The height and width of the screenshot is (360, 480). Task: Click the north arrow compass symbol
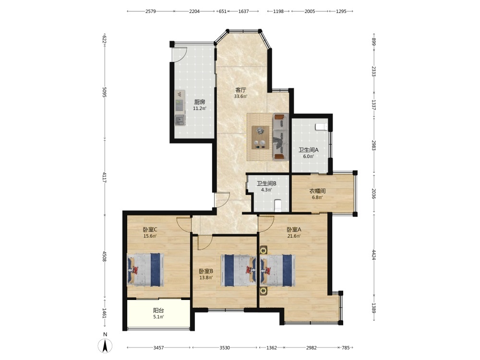point(105,346)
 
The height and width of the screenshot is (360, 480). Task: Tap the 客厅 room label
point(240,90)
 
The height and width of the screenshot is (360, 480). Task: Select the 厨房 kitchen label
point(200,102)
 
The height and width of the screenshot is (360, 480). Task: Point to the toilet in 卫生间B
point(278,206)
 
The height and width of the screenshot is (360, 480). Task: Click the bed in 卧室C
point(145,270)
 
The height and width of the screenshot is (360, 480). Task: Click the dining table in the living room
point(261,137)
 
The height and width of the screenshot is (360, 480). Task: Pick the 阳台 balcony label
point(158,311)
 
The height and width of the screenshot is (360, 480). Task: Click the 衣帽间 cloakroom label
point(317,191)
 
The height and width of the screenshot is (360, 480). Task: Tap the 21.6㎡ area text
point(294,236)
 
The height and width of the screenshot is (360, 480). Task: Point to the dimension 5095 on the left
point(104,92)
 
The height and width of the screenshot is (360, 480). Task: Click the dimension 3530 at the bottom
point(225,348)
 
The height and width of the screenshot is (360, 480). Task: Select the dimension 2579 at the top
point(151,12)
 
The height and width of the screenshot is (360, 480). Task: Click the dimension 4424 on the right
point(374,255)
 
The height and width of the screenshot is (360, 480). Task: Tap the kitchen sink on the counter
point(180,120)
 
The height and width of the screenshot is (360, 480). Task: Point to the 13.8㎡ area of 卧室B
point(206,277)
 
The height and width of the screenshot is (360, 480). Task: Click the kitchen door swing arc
point(182,55)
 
